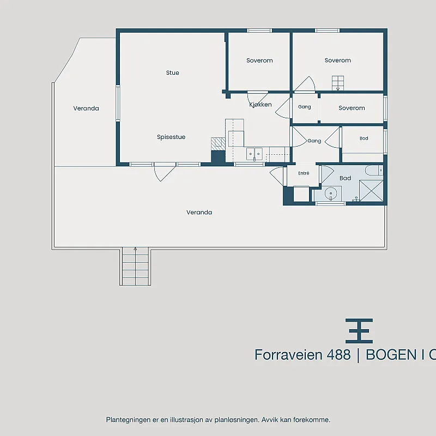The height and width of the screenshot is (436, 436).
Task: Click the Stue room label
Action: pos(172,73)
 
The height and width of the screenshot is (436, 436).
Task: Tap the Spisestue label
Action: pos(171,137)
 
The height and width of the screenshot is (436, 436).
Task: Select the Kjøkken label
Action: pos(261,105)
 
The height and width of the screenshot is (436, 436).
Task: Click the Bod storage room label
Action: pos(364,138)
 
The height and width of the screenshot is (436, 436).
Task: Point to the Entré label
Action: pos(304,173)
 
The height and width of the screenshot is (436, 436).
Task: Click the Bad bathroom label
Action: pos(345,178)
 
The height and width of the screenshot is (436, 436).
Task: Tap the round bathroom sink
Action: pos(331,193)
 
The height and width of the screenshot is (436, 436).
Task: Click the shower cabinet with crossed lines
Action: pos(371,190)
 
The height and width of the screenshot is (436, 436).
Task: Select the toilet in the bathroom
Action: pos(374,170)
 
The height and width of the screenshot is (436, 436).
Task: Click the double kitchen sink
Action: pos(254,154)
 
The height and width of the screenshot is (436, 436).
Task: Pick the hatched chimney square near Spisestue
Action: pos(218,144)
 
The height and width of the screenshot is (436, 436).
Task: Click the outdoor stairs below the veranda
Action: pos(135,266)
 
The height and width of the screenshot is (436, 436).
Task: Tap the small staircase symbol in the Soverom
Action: pos(337,83)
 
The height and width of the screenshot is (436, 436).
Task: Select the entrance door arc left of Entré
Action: pos(276,176)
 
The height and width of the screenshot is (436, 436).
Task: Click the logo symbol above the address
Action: pos(359,331)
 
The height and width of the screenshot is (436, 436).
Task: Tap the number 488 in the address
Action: pos(338,355)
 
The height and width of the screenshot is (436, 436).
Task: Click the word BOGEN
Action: pos(391,355)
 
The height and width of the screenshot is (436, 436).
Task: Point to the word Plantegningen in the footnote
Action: pos(128,420)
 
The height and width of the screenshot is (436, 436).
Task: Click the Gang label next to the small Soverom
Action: pos(304,107)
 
